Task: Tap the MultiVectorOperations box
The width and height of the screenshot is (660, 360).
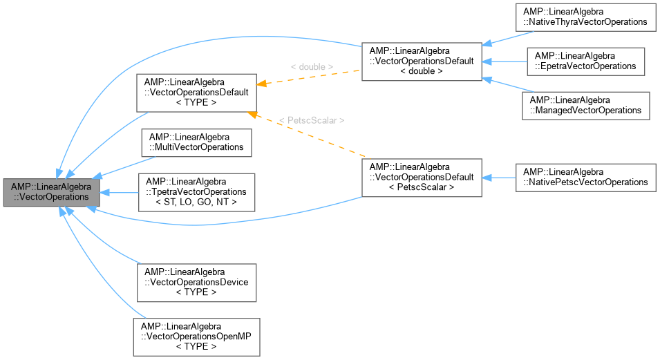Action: pyautogui.click(x=196, y=142)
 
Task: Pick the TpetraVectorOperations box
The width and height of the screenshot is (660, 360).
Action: pyautogui.click(x=196, y=191)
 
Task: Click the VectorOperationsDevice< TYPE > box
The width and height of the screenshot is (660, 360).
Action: pyautogui.click(x=196, y=282)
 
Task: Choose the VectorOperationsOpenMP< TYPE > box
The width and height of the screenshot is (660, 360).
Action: pyautogui.click(x=196, y=337)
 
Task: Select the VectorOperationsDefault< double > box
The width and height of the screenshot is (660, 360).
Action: pyautogui.click(x=422, y=61)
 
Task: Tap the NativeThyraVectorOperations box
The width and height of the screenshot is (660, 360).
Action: pyautogui.click(x=586, y=17)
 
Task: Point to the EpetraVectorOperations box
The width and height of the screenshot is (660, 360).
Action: pyautogui.click(x=586, y=61)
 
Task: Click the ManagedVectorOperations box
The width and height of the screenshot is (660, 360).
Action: pyautogui.click(x=586, y=105)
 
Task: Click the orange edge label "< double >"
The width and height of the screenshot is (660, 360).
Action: pyautogui.click(x=312, y=67)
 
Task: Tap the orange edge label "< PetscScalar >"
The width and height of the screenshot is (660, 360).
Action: pyautogui.click(x=311, y=120)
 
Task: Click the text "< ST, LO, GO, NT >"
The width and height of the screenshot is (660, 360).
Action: pyautogui.click(x=196, y=201)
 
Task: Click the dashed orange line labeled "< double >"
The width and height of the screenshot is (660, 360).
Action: pyautogui.click(x=311, y=77)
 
